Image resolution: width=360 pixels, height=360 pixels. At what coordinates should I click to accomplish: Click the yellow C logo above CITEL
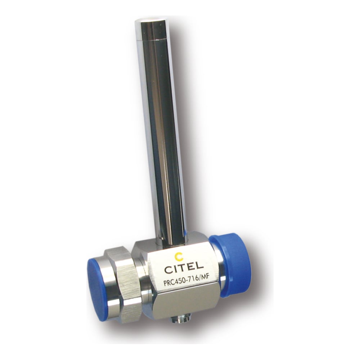179,256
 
